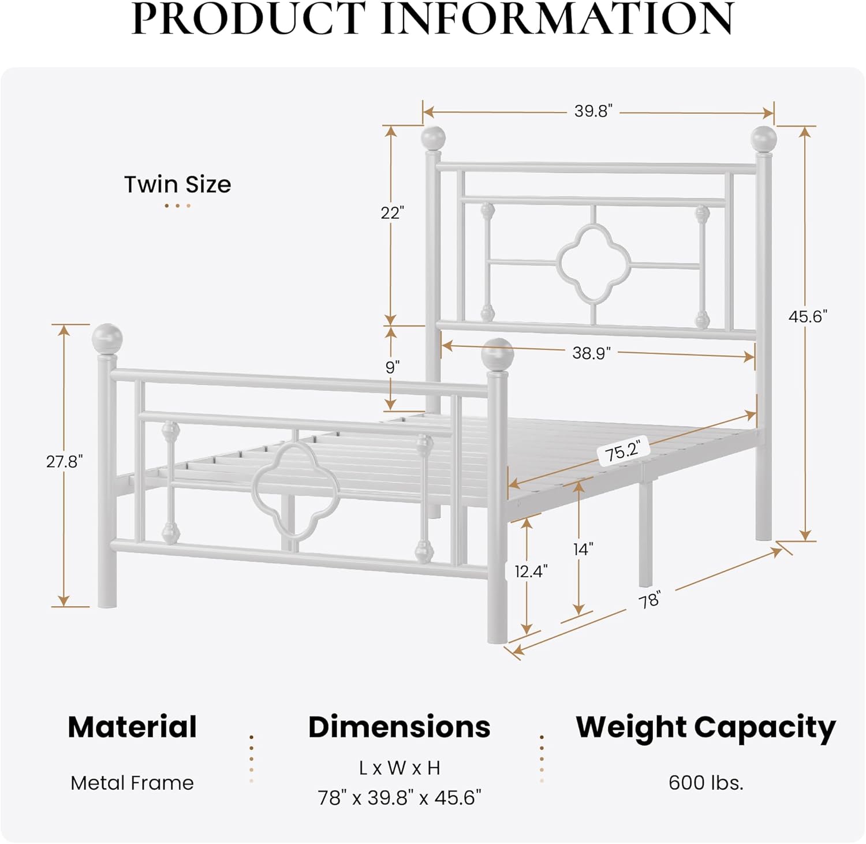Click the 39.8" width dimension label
coord(593,111)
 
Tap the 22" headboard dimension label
coord(391,213)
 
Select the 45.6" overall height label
coord(808,316)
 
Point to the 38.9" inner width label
coord(591,353)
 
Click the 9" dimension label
coord(393,367)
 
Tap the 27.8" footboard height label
coord(65,462)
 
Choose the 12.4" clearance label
coord(531,572)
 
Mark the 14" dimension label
coord(583,549)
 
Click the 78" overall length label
coord(649,600)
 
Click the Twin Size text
coord(177,185)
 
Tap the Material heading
coord(132,727)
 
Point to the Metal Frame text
coord(132,783)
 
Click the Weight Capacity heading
coord(706,727)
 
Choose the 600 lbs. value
coord(706,783)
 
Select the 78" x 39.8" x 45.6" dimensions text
coord(400,798)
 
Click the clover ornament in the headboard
coord(593,263)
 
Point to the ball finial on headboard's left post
coord(433,138)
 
